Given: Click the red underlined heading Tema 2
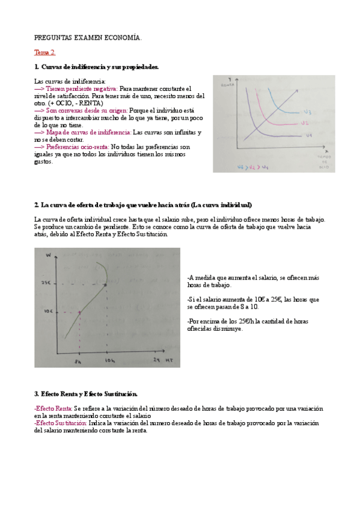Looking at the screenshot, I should coord(44,52).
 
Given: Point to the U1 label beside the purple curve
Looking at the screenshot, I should coord(308,136).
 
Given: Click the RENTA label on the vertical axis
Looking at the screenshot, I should coord(227,86).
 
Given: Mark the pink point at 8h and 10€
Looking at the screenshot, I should coord(79,312).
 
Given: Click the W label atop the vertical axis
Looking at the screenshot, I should coord(46,257).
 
